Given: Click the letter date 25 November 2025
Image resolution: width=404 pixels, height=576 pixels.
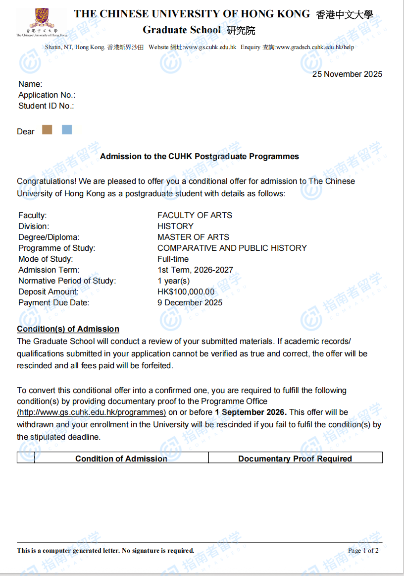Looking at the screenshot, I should point(347,74).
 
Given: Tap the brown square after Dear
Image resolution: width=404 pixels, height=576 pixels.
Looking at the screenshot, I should point(47,130).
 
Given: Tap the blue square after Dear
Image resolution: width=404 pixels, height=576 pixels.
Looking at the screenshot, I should point(67,130).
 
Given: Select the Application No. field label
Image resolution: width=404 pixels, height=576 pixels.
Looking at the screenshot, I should point(47,95).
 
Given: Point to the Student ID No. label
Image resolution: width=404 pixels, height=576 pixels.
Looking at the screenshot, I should point(46,106).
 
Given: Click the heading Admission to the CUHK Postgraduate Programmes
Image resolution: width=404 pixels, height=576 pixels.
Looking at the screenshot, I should point(200,157).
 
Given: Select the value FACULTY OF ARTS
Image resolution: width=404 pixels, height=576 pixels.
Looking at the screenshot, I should point(195,216).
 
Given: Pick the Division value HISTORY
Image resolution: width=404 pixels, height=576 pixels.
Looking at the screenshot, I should point(175,227).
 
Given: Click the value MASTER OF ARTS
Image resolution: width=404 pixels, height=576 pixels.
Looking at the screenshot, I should point(193,237).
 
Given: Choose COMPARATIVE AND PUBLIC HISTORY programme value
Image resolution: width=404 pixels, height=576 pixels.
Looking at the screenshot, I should point(232,248).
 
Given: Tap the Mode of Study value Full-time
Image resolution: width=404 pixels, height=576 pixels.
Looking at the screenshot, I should point(173,259).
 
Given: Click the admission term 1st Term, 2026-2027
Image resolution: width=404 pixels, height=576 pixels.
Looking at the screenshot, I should point(195,270).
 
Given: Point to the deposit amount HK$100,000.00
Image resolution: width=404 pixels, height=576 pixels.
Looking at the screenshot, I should point(186,292).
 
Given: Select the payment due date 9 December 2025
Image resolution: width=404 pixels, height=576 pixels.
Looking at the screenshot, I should point(190,303).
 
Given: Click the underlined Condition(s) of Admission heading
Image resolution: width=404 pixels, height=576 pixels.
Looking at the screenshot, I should point(68,329).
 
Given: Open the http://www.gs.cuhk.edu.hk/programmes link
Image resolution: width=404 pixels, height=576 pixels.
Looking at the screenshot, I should point(92,412).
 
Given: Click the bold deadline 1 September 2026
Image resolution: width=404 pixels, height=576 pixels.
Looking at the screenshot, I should point(251,412).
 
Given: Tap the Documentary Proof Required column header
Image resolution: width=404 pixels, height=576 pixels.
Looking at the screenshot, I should point(295,459).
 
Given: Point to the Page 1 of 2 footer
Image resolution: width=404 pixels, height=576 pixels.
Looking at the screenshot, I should point(363,551).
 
